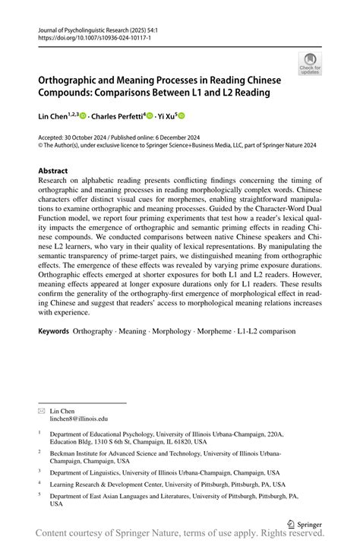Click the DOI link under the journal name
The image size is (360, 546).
(84, 36)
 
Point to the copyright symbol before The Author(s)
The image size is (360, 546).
(41, 146)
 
